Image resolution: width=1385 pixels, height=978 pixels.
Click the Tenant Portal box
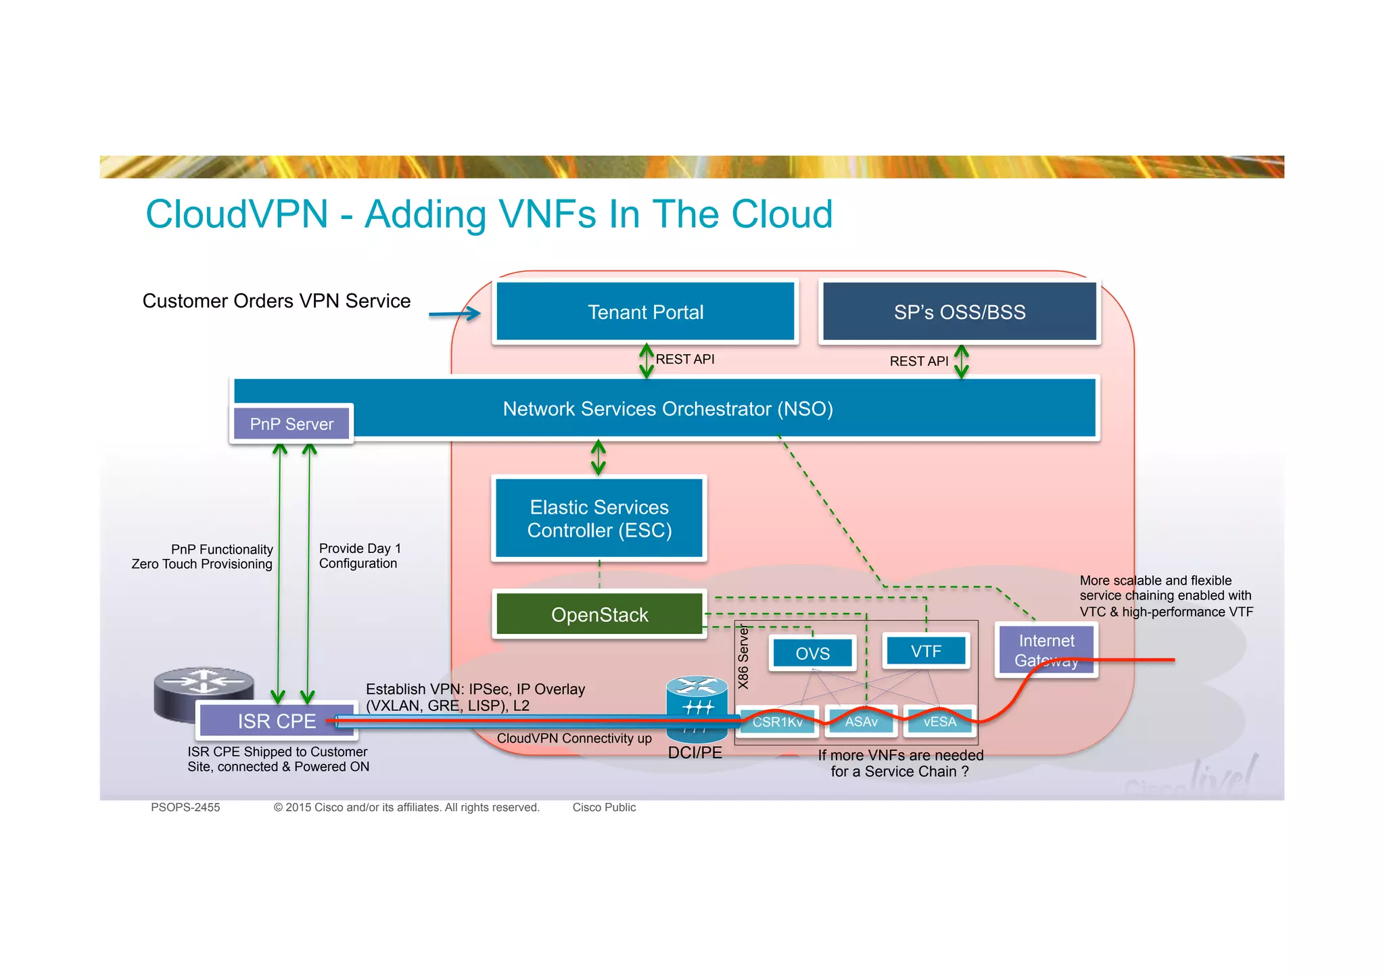point(645,312)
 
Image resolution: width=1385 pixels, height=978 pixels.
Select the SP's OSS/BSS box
point(959,312)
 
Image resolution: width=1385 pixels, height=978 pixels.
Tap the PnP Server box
point(291,424)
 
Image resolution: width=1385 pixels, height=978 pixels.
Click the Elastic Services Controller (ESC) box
point(599,518)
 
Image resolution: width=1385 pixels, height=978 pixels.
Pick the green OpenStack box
point(599,614)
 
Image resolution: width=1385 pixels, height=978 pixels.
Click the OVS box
point(812,653)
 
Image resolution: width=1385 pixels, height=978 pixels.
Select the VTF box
point(926,651)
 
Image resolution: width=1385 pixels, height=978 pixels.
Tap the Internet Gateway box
point(1046,650)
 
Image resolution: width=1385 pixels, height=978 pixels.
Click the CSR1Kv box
point(778,722)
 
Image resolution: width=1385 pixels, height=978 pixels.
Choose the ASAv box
point(861,722)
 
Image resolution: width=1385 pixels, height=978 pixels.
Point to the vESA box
point(939,722)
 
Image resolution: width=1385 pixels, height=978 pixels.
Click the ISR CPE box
point(277,721)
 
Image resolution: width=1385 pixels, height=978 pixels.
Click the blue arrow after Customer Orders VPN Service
point(454,314)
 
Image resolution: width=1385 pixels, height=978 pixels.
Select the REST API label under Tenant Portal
point(684,359)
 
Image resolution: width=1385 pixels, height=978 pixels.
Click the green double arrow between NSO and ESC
point(598,458)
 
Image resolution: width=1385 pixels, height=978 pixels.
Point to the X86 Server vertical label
point(743,656)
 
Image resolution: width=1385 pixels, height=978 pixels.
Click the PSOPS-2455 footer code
point(185,807)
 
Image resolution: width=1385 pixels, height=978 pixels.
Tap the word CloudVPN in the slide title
point(237,214)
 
